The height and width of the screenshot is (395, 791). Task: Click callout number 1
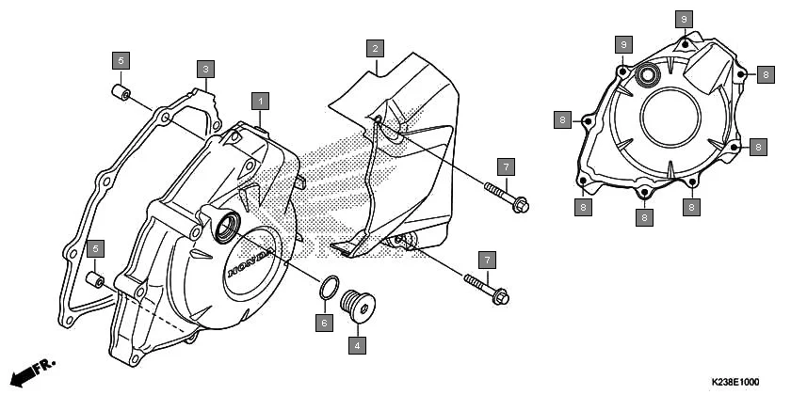pyautogui.click(x=260, y=100)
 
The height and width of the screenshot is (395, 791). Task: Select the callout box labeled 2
pyautogui.click(x=375, y=48)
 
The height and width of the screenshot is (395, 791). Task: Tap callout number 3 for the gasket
pyautogui.click(x=206, y=69)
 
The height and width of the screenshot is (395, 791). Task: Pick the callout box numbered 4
pyautogui.click(x=357, y=346)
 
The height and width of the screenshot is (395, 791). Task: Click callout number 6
pyautogui.click(x=324, y=323)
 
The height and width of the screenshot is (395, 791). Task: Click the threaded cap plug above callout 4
pyautogui.click(x=358, y=305)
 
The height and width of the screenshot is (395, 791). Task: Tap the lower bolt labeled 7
pyautogui.click(x=488, y=289)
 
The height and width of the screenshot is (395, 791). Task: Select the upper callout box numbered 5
pyautogui.click(x=119, y=60)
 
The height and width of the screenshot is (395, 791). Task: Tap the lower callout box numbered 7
pyautogui.click(x=487, y=258)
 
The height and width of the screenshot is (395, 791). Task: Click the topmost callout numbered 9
pyautogui.click(x=685, y=18)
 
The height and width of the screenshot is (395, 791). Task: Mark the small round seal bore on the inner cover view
pyautogui.click(x=647, y=75)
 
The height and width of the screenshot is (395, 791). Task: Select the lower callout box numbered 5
pyautogui.click(x=95, y=248)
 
